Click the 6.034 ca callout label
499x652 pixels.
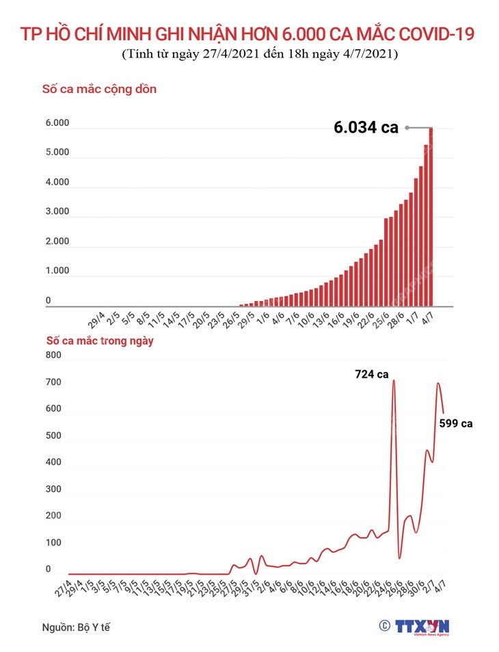366,127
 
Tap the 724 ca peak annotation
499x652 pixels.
371,374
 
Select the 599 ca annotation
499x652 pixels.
456,423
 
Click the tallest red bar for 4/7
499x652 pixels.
431,217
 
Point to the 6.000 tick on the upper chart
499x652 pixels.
57,123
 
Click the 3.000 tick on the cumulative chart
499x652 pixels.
57,212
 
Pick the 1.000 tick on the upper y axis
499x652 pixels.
57,271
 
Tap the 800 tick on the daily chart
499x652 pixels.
53,355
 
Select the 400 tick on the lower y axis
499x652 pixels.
53,462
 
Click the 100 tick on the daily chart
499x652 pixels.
53,543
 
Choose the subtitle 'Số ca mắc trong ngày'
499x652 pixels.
100,340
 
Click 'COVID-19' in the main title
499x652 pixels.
435,34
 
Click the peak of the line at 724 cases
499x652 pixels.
394,380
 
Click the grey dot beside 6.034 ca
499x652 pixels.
407,127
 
